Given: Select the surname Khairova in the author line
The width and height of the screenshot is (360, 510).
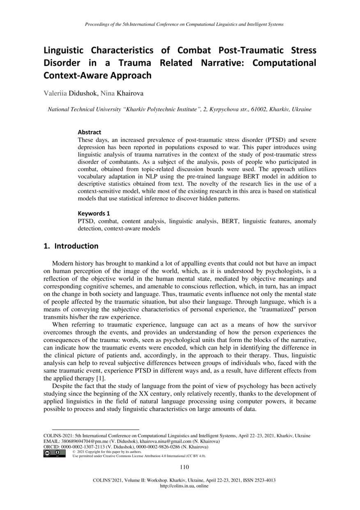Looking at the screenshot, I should pos(130,94).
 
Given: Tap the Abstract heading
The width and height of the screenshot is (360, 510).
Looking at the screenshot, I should pos(89,132).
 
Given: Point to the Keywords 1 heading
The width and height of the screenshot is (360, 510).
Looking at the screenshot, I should pos(94,213).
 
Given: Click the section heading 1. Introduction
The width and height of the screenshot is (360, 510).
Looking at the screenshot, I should pos(71,246).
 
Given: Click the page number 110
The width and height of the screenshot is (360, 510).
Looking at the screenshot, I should pos(185,467).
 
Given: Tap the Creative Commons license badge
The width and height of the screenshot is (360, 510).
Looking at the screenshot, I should pos(54,453).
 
